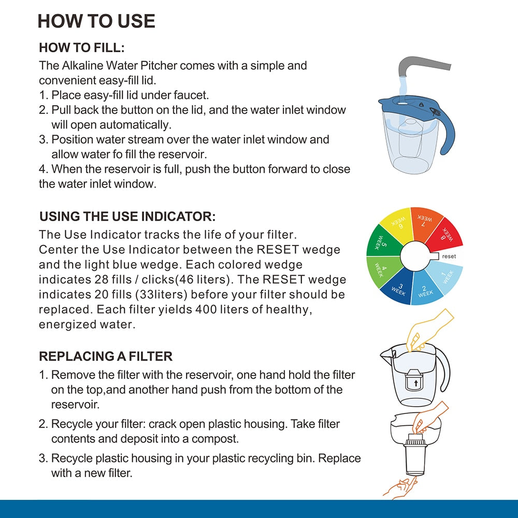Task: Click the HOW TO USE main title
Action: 96,21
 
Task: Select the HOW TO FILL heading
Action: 82,48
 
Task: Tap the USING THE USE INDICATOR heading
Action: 127,217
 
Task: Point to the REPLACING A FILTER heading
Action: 106,356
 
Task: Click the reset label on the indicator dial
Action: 449,256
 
